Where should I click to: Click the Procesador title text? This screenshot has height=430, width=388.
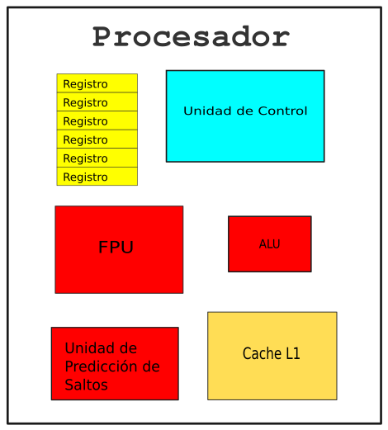click(191, 36)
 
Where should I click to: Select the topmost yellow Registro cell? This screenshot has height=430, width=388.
click(97, 83)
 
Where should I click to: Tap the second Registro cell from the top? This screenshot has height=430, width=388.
click(97, 102)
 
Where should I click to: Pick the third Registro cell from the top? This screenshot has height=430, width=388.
click(97, 120)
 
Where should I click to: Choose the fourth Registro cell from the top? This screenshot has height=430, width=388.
click(97, 139)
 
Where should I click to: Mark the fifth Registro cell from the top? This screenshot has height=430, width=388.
click(97, 158)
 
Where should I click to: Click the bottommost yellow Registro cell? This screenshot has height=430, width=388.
click(97, 176)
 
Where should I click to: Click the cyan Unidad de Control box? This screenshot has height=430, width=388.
click(245, 116)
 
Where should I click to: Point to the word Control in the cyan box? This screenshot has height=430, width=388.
click(282, 111)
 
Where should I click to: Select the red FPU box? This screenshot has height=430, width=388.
click(119, 249)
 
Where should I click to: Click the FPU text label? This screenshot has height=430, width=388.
click(116, 247)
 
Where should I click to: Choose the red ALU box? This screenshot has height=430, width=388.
click(270, 244)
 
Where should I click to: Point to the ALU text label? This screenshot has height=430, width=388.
click(270, 244)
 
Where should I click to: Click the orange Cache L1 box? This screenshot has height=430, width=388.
click(272, 356)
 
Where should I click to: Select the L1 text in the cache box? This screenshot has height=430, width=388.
click(293, 353)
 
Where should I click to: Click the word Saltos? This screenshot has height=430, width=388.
click(86, 385)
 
